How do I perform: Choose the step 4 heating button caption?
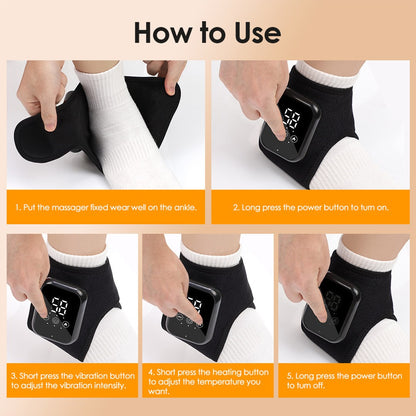(x=206, y=383)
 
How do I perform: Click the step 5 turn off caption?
(x=344, y=383)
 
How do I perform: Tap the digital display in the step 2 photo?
(x=292, y=119)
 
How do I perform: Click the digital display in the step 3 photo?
(x=59, y=306)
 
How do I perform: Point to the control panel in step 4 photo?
(x=196, y=311)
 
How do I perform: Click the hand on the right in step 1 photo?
(x=165, y=78)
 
